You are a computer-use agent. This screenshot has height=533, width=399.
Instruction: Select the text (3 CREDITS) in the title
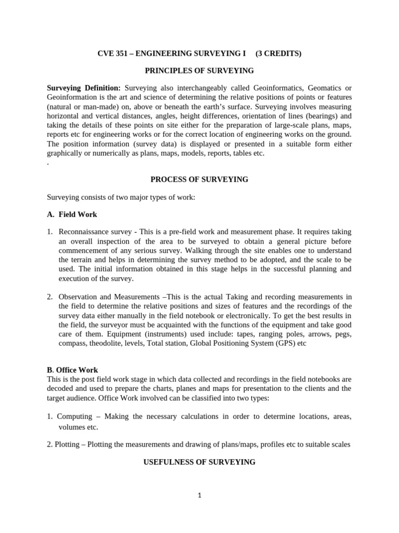click(278, 53)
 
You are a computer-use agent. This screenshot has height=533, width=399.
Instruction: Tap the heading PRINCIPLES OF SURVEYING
click(199, 70)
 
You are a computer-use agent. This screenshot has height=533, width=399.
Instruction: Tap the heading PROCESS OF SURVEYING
click(199, 180)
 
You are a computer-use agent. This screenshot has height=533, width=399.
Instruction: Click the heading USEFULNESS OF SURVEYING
click(199, 462)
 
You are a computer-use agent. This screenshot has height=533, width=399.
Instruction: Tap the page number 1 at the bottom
click(199, 496)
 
